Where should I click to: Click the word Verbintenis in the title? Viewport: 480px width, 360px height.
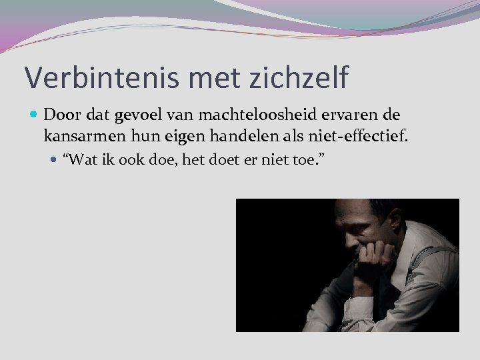click(87, 77)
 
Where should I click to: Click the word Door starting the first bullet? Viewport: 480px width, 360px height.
click(61, 117)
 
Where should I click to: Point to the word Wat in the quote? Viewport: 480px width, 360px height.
click(81, 160)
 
